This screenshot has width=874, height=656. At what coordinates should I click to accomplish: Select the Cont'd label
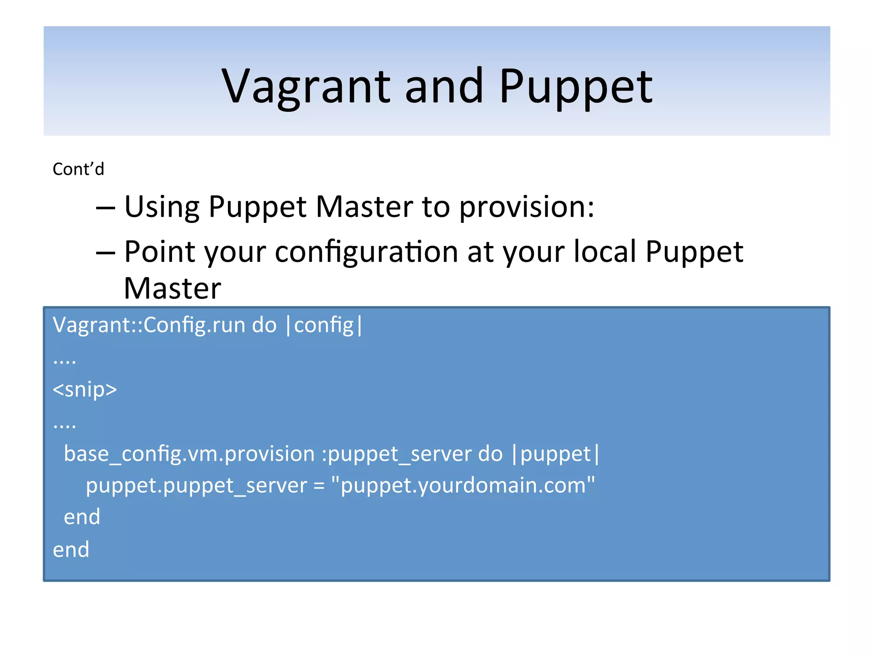click(78, 169)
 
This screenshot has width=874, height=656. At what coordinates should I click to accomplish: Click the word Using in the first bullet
click(161, 207)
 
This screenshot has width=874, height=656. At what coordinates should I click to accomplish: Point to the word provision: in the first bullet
click(527, 207)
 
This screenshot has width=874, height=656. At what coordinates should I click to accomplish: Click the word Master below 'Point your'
click(172, 288)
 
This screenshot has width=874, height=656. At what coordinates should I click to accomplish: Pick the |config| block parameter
click(324, 325)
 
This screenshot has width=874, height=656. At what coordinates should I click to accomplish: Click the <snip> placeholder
click(84, 389)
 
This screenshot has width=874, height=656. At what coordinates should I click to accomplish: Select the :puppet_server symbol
click(396, 454)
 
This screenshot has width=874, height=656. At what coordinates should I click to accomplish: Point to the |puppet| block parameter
click(555, 454)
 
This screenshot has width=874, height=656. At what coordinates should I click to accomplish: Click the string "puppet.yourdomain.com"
click(463, 486)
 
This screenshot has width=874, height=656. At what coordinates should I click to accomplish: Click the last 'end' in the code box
click(71, 550)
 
